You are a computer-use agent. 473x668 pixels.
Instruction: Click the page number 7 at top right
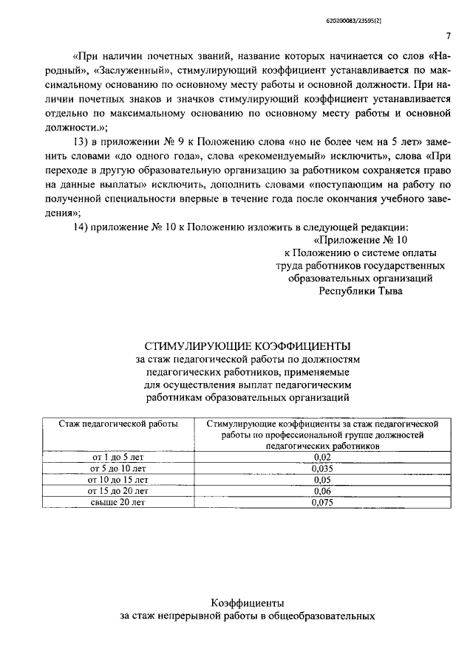[x=448, y=36]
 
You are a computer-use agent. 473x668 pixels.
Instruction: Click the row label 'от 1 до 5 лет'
[x=118, y=458]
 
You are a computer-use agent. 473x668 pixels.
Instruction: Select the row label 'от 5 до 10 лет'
[x=118, y=469]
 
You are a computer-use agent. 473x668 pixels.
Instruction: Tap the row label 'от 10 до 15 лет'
[x=118, y=480]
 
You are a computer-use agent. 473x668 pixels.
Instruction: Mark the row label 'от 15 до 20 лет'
[x=118, y=491]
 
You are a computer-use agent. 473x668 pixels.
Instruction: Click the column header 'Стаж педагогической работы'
[x=118, y=424]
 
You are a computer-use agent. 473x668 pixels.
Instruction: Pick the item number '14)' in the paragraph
[x=83, y=227]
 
